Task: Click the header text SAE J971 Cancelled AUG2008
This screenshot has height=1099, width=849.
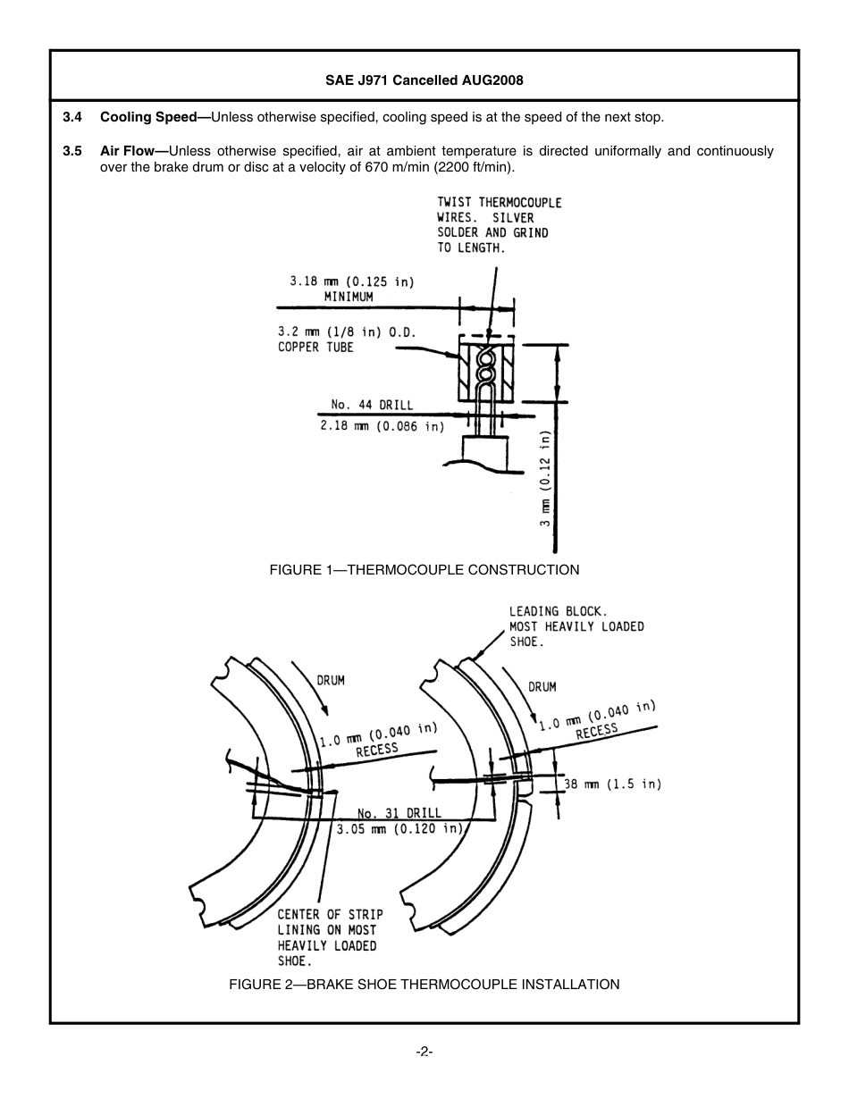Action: tap(424, 80)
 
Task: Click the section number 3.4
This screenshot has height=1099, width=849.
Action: tap(72, 117)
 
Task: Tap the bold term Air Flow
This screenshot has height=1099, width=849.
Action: tap(127, 151)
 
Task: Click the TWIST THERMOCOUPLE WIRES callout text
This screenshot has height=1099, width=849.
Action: tap(499, 225)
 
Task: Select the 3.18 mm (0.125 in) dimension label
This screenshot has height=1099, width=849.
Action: tap(351, 281)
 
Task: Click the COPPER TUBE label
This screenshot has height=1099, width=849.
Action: tap(315, 348)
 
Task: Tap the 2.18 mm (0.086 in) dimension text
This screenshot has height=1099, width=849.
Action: tap(382, 426)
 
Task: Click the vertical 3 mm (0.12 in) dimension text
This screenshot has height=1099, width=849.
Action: tap(545, 478)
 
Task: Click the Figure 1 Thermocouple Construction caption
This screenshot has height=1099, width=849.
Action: tap(424, 569)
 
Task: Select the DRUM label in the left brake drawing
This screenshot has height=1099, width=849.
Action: tap(330, 680)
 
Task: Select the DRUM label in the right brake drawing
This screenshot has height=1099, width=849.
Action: tap(542, 686)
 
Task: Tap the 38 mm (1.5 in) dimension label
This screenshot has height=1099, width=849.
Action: tap(612, 784)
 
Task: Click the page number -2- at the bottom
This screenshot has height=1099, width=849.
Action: tap(424, 1052)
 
